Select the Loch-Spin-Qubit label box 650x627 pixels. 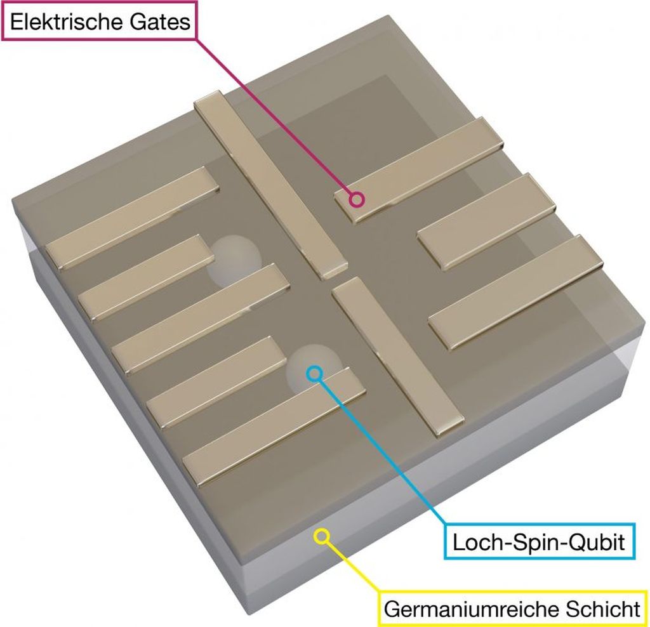pos(539,542)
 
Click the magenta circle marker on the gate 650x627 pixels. pos(357,199)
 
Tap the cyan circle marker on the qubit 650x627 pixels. pos(314,373)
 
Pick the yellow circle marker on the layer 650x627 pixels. pos(322,537)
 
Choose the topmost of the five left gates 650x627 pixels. pos(132,217)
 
